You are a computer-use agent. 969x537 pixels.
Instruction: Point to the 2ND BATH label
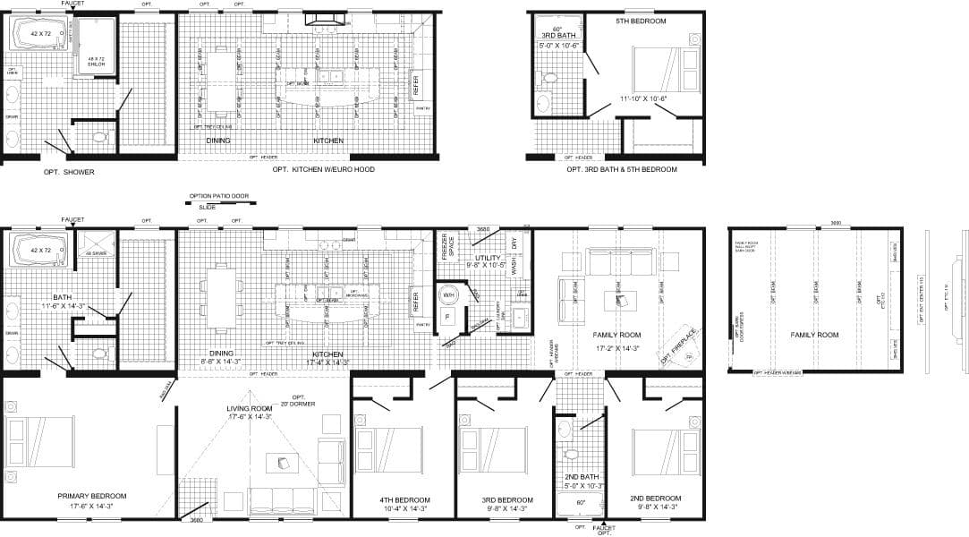point(582,477)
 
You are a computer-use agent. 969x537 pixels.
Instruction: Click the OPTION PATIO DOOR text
point(218,195)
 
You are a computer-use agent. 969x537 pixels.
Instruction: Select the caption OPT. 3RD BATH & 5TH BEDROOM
point(621,169)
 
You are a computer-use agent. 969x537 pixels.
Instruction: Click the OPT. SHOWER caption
point(69,172)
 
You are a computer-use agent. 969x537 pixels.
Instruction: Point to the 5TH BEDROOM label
point(641,21)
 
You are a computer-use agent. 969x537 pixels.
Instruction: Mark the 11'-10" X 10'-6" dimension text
point(643,99)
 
